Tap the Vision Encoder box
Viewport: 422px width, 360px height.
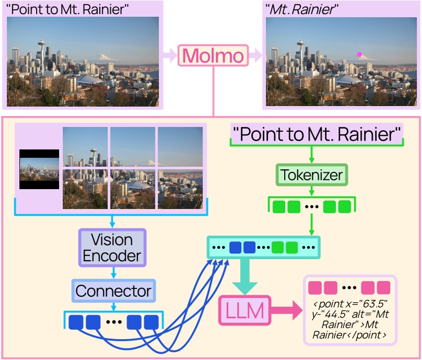pos(112,248)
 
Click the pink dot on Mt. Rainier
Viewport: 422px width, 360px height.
pos(359,54)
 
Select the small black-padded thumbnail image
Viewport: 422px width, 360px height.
pos(39,170)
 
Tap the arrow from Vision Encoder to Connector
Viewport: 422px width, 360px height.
pos(112,272)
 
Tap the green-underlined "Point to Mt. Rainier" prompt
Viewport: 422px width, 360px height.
pos(317,134)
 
